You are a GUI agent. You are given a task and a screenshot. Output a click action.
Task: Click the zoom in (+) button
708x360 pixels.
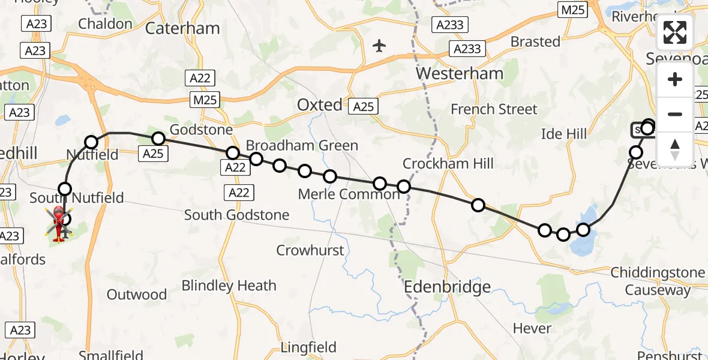click(675, 80)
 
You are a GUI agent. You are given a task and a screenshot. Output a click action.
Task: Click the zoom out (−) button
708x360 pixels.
click(675, 114)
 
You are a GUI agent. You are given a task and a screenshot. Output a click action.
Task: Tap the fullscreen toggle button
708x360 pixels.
click(675, 32)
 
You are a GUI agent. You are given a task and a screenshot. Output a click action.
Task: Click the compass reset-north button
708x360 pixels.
click(675, 148)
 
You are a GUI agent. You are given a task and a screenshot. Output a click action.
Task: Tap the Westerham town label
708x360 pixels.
click(460, 74)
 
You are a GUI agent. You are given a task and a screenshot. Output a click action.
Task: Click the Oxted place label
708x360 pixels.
click(319, 105)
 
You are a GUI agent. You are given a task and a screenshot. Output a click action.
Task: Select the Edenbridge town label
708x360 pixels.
click(448, 287)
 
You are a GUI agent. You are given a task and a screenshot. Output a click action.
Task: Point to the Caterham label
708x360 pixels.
click(175, 28)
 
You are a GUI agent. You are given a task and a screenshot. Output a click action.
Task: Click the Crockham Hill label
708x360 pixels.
click(448, 163)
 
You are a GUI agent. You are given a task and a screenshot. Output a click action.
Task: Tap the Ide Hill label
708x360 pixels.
click(564, 133)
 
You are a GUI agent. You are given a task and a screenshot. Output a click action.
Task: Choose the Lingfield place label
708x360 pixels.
click(309, 347)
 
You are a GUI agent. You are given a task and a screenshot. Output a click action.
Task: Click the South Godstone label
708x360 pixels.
click(236, 215)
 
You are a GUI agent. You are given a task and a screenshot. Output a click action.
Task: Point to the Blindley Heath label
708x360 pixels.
click(229, 286)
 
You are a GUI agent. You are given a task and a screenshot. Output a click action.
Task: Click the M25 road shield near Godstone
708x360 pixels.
click(206, 100)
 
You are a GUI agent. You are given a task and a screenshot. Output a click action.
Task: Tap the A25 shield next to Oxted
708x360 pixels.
click(363, 107)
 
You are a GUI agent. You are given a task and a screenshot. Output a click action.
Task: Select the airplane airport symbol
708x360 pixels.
click(379, 46)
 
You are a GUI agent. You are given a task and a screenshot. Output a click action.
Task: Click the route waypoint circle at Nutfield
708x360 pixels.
click(91, 142)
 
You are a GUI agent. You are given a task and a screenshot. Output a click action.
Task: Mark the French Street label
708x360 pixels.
click(494, 109)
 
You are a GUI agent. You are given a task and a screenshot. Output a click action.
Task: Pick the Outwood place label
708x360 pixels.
click(137, 295)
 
